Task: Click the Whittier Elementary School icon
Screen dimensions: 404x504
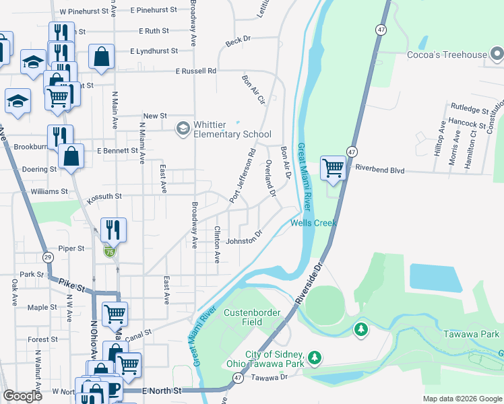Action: (183, 128)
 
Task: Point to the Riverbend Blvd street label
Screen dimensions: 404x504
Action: (380, 170)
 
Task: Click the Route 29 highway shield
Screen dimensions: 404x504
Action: (47, 257)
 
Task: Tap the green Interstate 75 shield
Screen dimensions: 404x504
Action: (109, 251)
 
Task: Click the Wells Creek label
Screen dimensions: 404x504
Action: (313, 223)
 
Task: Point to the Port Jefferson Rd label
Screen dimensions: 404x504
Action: (243, 176)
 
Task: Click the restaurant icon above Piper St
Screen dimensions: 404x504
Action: (113, 230)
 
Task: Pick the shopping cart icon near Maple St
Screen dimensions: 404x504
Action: (115, 313)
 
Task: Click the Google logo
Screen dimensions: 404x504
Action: (22, 396)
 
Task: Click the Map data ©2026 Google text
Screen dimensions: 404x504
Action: (462, 399)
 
